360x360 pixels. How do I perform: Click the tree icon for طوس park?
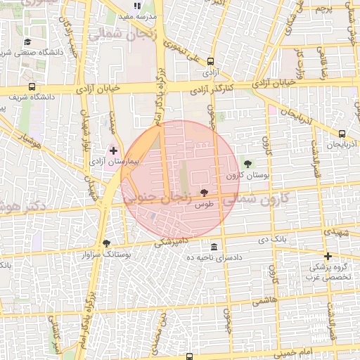pos(204,192)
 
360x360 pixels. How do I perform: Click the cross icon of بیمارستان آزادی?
pos(113,150)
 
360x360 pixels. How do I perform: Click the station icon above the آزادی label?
pos(209,61)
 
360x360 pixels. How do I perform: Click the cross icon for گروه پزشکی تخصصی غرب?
pos(328,256)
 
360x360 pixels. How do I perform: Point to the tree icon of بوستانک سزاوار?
pos(106,243)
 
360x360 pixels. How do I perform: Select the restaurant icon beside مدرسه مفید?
pos(147,5)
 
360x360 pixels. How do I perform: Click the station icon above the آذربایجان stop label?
pos(342,134)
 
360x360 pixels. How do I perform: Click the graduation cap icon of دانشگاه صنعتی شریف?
pos(27,42)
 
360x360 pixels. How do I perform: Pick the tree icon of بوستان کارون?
pos(247,164)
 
